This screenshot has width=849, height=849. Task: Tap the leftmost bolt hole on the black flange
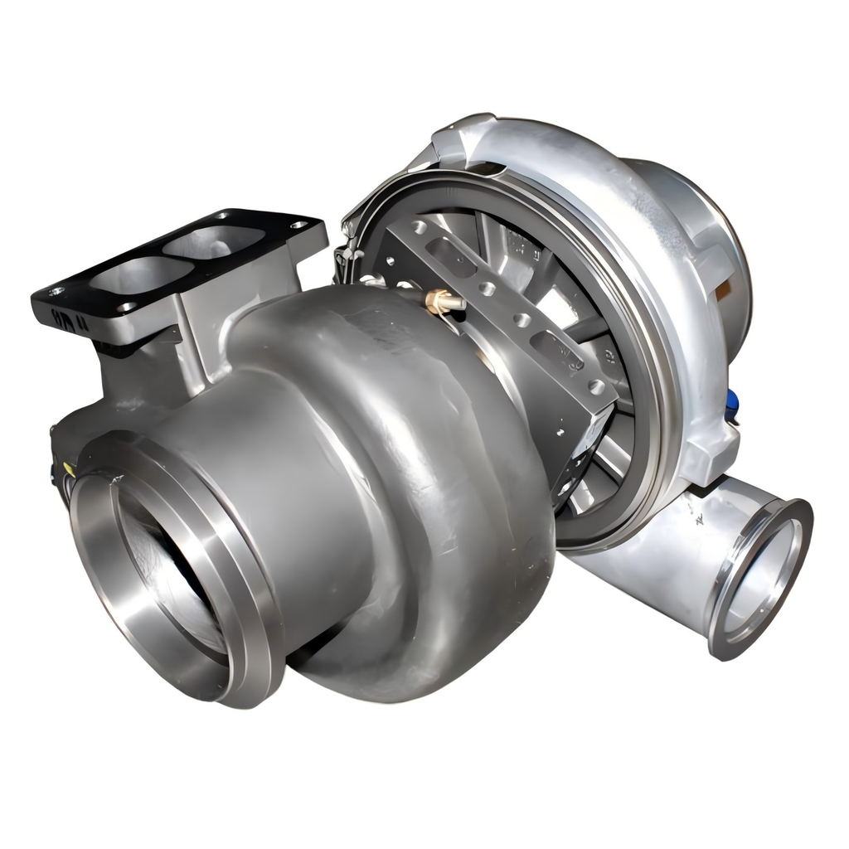coord(56,292)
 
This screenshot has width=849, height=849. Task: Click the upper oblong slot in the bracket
coord(452,257)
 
